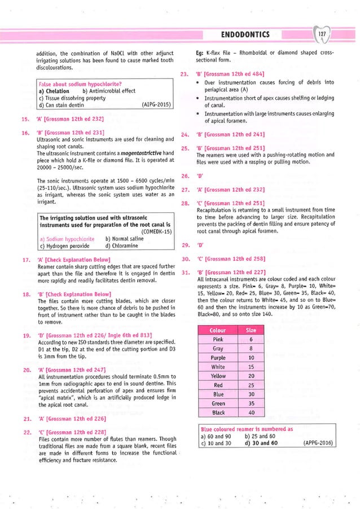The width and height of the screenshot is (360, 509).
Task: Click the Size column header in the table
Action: [x=251, y=330]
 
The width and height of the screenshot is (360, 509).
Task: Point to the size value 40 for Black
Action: [x=251, y=413]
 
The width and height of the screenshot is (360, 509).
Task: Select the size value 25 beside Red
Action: [x=251, y=385]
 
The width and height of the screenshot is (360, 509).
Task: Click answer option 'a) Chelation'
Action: [x=54, y=91]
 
